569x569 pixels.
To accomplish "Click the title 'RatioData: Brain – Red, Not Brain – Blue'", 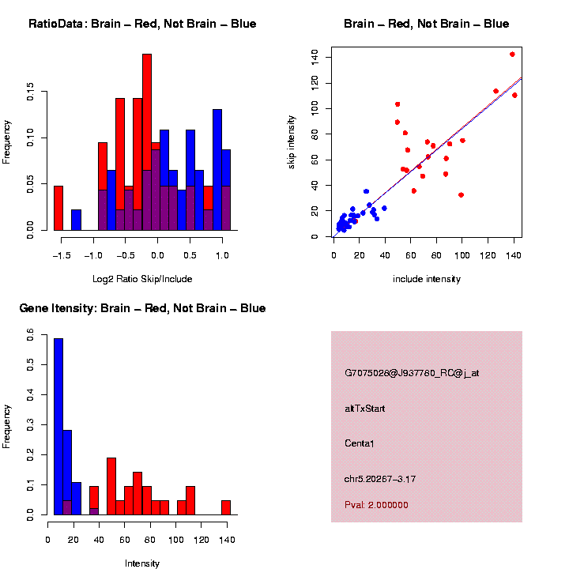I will click(142, 24).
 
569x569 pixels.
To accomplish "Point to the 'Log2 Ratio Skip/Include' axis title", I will click(142, 279).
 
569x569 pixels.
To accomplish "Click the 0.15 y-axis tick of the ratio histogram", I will click(29, 92).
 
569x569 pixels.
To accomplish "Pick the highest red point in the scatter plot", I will click(512, 55).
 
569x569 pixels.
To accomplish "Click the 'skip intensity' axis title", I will click(292, 141).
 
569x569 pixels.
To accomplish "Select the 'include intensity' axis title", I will click(427, 279).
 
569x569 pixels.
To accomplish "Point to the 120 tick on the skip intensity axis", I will click(315, 82).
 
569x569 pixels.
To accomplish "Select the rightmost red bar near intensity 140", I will click(226, 507).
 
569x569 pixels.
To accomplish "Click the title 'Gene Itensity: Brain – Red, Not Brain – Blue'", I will click(142, 308).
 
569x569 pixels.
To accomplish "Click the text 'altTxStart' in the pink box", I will click(365, 409).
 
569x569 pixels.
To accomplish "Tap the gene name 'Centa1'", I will click(360, 443).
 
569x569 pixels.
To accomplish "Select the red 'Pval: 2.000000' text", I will click(377, 504).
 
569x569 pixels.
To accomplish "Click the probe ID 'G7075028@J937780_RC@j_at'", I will click(412, 373).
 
